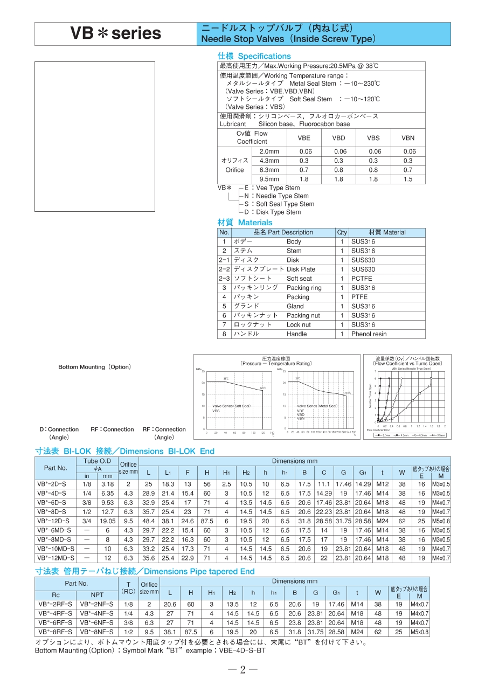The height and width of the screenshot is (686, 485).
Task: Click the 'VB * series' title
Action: [x=116, y=34]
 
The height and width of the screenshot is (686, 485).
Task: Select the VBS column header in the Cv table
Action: [x=373, y=138]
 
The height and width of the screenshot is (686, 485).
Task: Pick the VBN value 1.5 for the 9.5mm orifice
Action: [x=408, y=179]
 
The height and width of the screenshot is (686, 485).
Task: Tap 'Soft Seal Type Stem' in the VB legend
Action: [x=285, y=204]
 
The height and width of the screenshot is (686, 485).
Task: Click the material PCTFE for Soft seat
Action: [x=361, y=279]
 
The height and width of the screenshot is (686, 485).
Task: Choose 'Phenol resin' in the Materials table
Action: [x=369, y=334]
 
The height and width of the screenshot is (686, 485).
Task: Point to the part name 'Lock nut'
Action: [x=299, y=325]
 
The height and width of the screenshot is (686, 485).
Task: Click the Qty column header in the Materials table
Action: [x=342, y=233]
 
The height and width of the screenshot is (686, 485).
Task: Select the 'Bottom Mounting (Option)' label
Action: [x=94, y=367]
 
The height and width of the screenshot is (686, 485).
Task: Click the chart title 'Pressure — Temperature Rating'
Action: [x=276, y=364]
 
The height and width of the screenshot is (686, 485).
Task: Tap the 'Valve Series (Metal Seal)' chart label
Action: [x=317, y=406]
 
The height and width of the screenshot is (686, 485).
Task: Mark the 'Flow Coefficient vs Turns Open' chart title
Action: [x=408, y=364]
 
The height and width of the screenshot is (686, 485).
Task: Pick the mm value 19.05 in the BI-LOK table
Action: [x=107, y=521]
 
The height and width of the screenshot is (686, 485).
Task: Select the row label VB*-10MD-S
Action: [x=56, y=549]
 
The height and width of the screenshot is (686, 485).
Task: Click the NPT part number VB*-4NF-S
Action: [x=96, y=613]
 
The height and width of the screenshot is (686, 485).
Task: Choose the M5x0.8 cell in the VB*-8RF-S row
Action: [x=420, y=632]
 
